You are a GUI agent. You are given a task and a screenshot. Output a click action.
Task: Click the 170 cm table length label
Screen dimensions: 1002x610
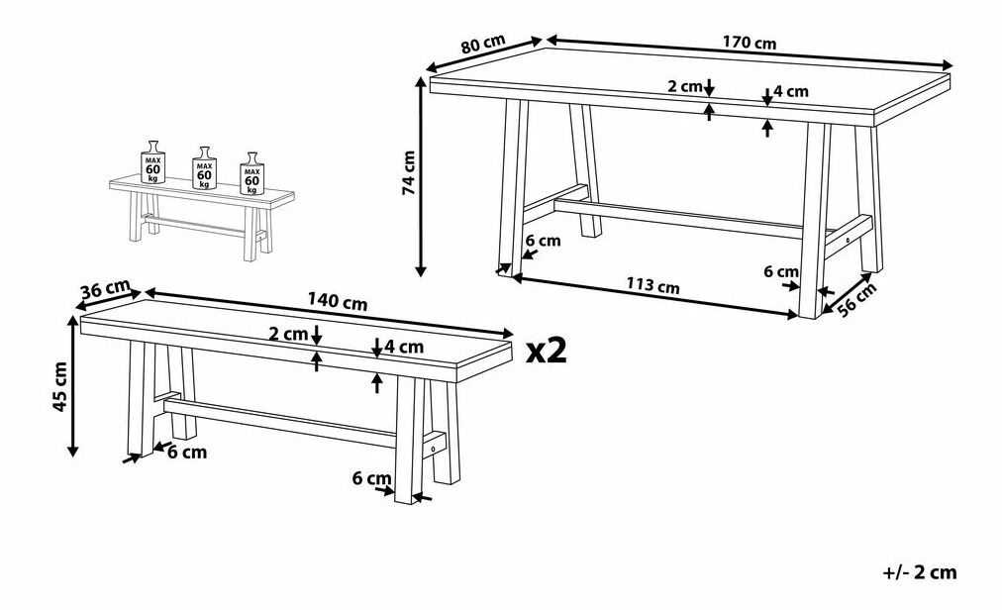750,43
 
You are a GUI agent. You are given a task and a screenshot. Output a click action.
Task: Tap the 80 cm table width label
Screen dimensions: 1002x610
483,44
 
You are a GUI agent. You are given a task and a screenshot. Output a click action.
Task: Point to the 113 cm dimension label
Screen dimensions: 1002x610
652,285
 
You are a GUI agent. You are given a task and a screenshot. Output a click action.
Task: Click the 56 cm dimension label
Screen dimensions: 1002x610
856,300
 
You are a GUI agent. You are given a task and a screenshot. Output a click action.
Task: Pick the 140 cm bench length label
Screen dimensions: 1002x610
338,301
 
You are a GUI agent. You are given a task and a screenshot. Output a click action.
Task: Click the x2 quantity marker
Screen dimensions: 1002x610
547,351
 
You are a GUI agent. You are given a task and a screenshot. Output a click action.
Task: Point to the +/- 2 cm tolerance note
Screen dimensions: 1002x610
920,572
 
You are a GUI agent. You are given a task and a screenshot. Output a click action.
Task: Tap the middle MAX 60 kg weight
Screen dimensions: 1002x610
205,167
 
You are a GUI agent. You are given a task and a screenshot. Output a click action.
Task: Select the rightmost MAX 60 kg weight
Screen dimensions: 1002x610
251,173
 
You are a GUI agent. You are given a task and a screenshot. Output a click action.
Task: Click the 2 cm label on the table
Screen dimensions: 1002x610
685,86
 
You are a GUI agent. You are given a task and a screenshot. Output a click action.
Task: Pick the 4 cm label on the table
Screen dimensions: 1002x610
791,91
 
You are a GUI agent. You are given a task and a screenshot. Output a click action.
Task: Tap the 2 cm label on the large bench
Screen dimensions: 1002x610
289,333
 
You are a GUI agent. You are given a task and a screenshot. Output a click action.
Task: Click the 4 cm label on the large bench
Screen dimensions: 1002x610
404,347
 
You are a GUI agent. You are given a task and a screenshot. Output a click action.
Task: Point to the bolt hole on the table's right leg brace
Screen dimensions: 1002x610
848,241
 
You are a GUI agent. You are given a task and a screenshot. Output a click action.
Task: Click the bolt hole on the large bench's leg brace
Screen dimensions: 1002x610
435,450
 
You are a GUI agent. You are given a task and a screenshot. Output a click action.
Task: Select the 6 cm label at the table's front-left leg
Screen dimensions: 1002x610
543,241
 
